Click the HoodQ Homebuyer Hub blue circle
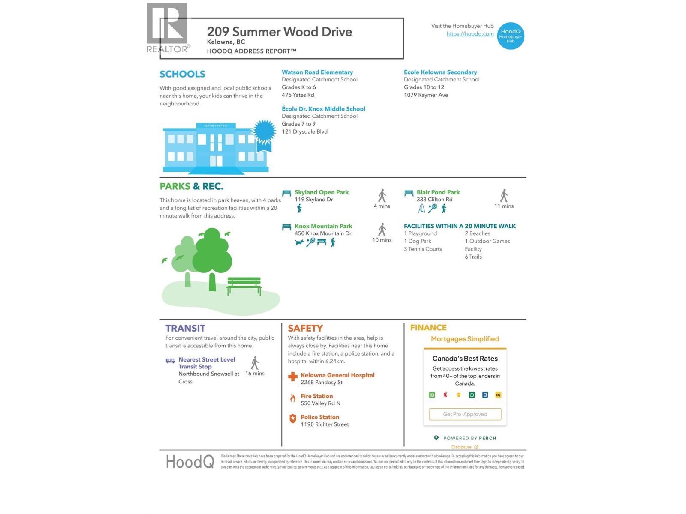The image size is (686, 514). (511, 36)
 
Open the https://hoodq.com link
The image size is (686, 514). (470, 34)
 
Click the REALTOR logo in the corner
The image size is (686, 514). (167, 28)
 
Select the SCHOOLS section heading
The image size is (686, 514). (182, 74)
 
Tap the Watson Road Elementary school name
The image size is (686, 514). (317, 72)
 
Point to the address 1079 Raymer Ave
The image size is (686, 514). (425, 95)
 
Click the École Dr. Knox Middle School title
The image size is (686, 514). (323, 109)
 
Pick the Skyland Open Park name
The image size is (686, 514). (321, 192)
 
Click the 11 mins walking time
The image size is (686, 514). (504, 206)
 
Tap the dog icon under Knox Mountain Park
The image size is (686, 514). (299, 243)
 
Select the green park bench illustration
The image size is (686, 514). (244, 286)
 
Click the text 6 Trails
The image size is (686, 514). (473, 257)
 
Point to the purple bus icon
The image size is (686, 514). (170, 361)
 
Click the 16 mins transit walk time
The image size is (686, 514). (255, 374)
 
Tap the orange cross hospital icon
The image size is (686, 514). (293, 377)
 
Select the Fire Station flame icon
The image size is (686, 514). (293, 398)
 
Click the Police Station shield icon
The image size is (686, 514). (293, 419)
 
